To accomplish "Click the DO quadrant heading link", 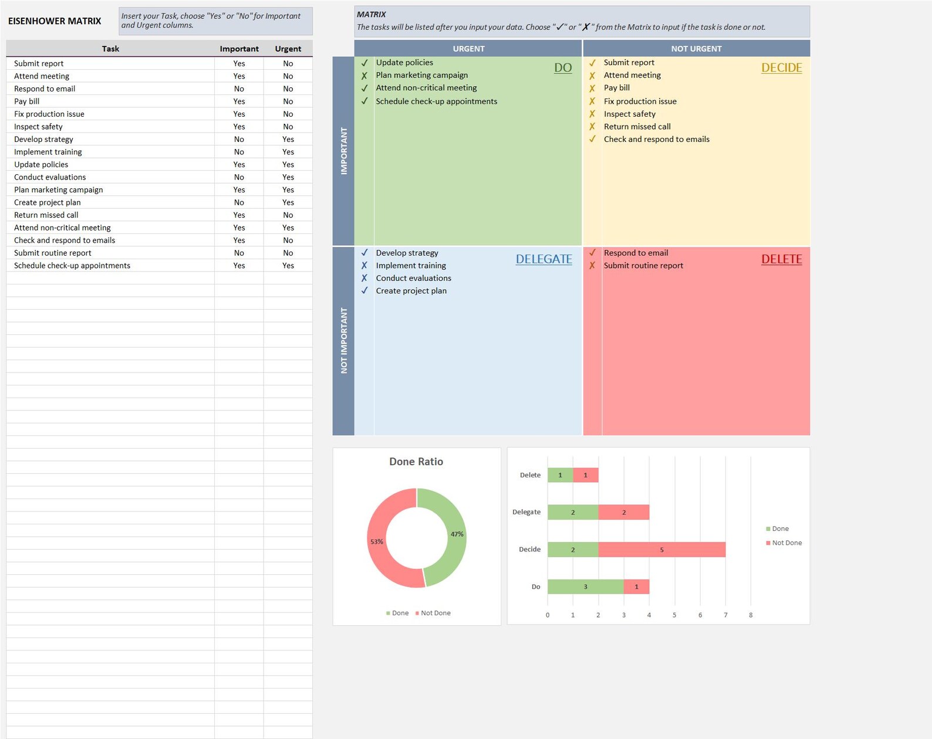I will tap(562, 67).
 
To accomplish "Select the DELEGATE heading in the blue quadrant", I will tap(543, 259).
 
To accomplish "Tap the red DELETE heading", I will tap(781, 259).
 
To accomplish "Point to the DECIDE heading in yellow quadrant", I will tap(781, 67).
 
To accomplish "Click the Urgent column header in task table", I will tap(288, 49).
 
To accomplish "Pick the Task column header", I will tap(110, 49).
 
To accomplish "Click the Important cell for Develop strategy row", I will tap(239, 139).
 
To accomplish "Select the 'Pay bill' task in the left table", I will tap(27, 101).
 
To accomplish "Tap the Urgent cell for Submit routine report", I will tap(288, 253).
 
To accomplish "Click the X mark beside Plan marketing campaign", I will tap(364, 76).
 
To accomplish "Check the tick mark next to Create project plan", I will tap(364, 290).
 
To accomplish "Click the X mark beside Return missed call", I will tap(592, 127).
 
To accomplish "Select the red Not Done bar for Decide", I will tap(661, 550).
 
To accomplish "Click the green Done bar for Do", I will tap(585, 587).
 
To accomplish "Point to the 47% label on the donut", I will tap(457, 534).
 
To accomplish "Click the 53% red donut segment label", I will tap(376, 541).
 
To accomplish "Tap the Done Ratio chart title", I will tap(416, 462).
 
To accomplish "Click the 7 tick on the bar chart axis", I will tap(725, 615).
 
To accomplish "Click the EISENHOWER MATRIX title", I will tap(55, 21).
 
